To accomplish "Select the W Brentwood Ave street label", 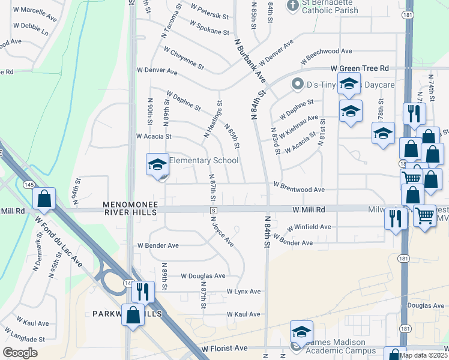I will (299, 190).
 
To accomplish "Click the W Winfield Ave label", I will (309, 227).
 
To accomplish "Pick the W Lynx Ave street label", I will (243, 292).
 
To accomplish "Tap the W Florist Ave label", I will (224, 348).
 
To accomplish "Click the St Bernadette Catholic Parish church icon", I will (292, 6).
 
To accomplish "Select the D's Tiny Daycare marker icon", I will (297, 85).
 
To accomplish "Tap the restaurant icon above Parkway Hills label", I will (142, 291).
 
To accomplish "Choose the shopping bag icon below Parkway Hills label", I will (133, 314).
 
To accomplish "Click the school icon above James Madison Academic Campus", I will (301, 331).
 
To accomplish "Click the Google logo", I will (20, 353).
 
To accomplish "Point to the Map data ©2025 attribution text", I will (423, 355).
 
